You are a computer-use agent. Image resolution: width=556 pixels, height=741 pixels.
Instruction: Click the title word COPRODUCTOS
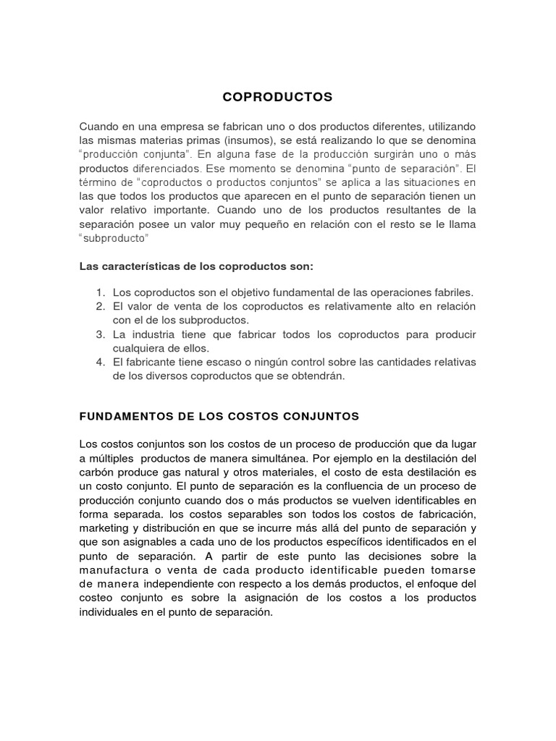coord(277,96)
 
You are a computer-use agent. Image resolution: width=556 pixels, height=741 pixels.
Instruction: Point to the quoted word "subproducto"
coord(114,238)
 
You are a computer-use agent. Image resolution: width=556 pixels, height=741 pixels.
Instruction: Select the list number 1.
coord(100,293)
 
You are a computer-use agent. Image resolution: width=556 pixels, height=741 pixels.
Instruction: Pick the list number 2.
coord(100,307)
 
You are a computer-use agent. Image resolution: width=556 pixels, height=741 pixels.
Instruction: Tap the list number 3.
coord(100,334)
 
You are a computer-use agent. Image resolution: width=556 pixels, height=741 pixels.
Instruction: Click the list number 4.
coord(100,362)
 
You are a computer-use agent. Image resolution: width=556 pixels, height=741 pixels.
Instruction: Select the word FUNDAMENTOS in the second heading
coord(124,417)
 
